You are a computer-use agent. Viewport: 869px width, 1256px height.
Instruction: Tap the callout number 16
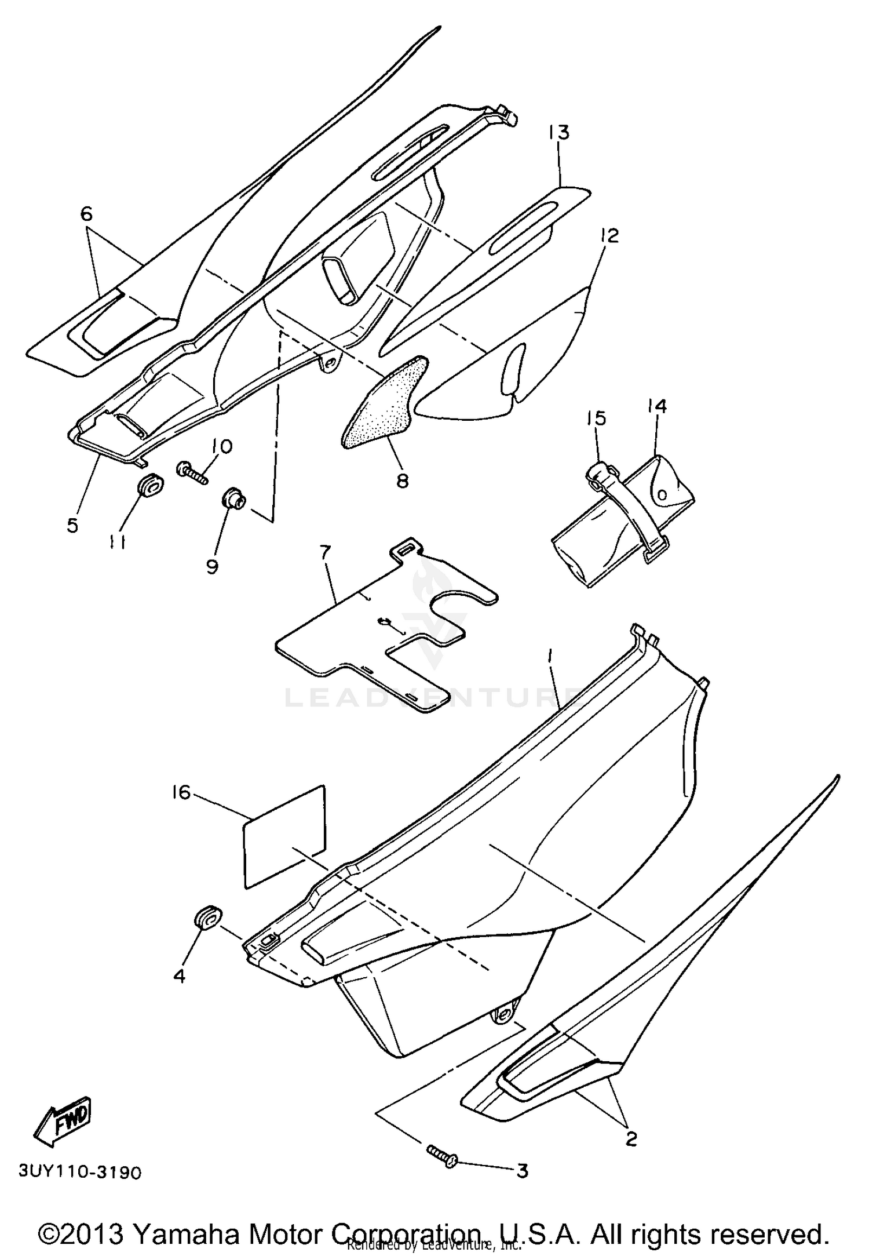tap(181, 792)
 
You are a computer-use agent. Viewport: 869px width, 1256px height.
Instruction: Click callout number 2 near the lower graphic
tap(631, 1138)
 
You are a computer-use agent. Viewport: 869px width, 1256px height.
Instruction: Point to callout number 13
tap(560, 133)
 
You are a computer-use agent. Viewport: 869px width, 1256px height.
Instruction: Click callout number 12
tap(609, 235)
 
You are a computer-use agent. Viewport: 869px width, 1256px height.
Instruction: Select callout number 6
tap(86, 214)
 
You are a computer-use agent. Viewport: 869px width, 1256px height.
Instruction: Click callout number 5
tap(72, 526)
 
